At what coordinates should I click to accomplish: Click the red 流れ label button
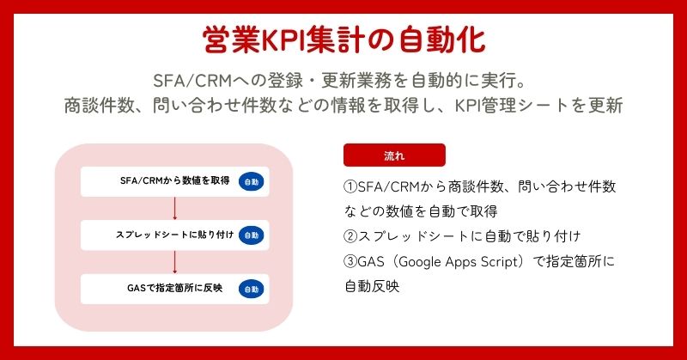coord(394,156)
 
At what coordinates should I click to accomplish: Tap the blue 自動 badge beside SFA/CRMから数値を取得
coord(252,182)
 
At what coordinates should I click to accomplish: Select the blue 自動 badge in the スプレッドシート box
coord(252,235)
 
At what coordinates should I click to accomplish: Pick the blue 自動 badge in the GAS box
coord(252,290)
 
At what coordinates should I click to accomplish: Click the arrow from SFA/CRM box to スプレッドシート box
coord(175,208)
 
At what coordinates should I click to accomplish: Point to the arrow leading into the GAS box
coord(175,262)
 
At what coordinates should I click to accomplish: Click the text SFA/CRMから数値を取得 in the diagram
coord(175,180)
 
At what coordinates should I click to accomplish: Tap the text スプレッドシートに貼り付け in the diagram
coord(175,235)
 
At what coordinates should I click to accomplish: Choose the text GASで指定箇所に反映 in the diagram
coord(175,288)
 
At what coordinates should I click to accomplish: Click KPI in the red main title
coord(283,40)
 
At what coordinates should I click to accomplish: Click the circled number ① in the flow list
coord(350,186)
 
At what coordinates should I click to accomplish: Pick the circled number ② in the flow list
coord(350,237)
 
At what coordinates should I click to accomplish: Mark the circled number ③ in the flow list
coord(350,262)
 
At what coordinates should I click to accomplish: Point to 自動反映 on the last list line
coord(372,286)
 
